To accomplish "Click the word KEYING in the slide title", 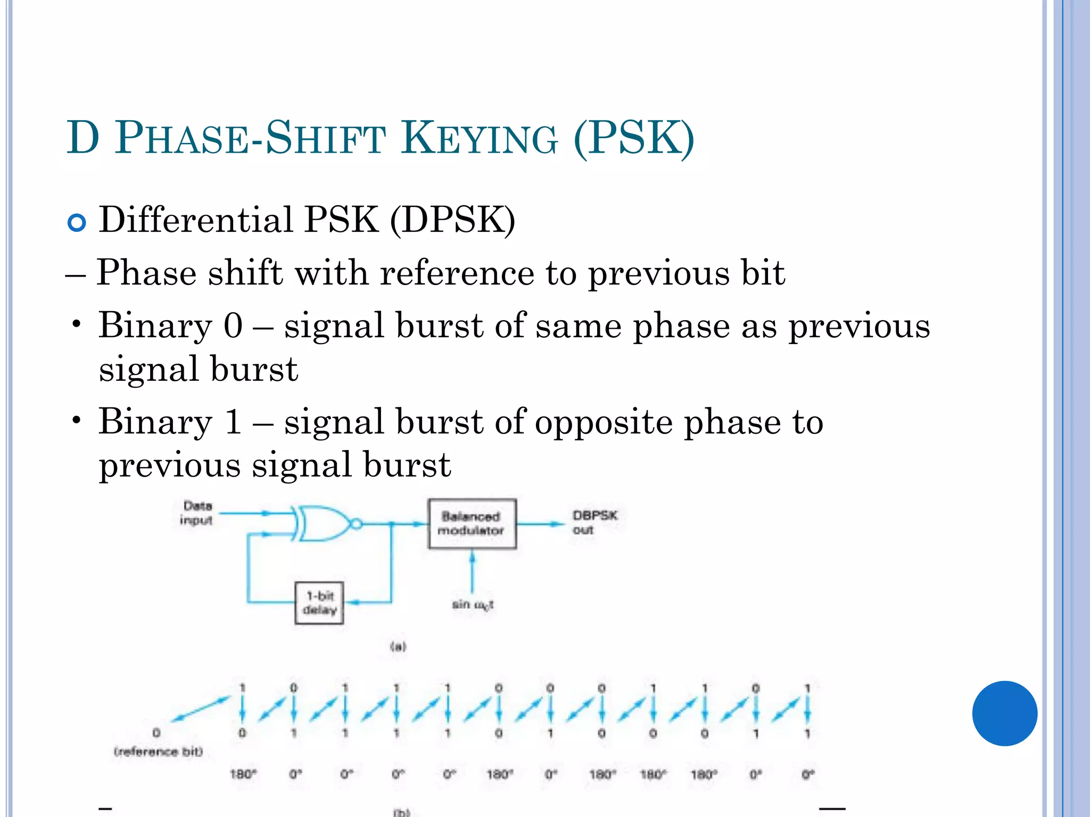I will click(480, 138).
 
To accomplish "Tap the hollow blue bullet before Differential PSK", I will click(77, 222).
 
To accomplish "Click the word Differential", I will click(196, 219).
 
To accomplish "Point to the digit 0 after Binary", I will click(233, 326).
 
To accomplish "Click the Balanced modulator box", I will click(472, 523).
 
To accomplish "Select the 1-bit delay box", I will click(319, 603).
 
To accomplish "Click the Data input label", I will click(196, 513).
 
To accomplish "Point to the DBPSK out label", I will click(594, 522).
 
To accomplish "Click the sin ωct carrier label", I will click(473, 605).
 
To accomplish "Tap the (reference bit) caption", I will click(158, 752).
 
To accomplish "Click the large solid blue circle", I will click(1004, 713).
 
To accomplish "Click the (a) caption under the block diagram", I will click(398, 647).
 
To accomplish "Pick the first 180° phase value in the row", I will click(243, 774).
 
